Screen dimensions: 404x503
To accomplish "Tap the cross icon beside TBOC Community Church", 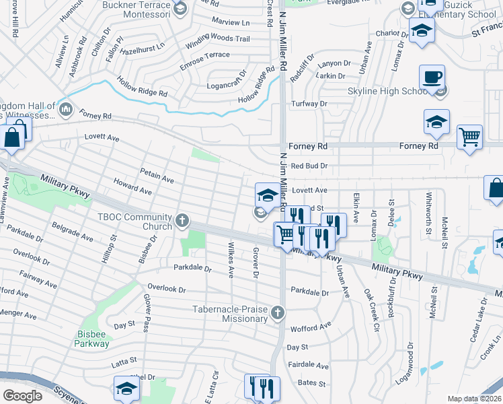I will tap(182, 221).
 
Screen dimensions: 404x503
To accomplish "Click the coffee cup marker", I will tap(432, 77).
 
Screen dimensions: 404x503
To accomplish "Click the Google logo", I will tap(22, 395).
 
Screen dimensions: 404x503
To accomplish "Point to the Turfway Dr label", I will tap(309, 104).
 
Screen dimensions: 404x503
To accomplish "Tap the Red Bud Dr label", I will tap(309, 166).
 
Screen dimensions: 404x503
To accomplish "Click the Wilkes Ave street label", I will tap(231, 260).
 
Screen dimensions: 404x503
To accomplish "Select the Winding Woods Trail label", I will tap(217, 39).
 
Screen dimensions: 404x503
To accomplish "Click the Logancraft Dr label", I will tap(227, 87).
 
